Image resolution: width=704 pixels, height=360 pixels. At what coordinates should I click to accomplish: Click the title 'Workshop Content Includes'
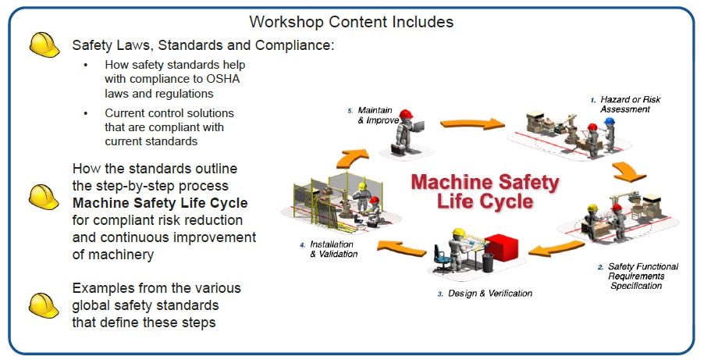pyautogui.click(x=350, y=21)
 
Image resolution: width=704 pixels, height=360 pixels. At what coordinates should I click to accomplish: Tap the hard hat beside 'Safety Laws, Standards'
pyautogui.click(x=44, y=45)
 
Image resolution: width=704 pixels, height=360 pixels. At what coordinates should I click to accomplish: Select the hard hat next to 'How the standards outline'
pyautogui.click(x=44, y=196)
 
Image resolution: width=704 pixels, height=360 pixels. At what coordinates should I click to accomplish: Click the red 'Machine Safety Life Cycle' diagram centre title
pyautogui.click(x=485, y=191)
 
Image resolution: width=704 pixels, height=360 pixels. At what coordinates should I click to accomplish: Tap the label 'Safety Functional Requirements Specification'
pyautogui.click(x=642, y=276)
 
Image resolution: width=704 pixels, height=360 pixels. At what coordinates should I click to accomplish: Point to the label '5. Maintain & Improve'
pyautogui.click(x=376, y=116)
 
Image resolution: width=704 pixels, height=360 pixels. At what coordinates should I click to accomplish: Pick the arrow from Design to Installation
pyautogui.click(x=403, y=248)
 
